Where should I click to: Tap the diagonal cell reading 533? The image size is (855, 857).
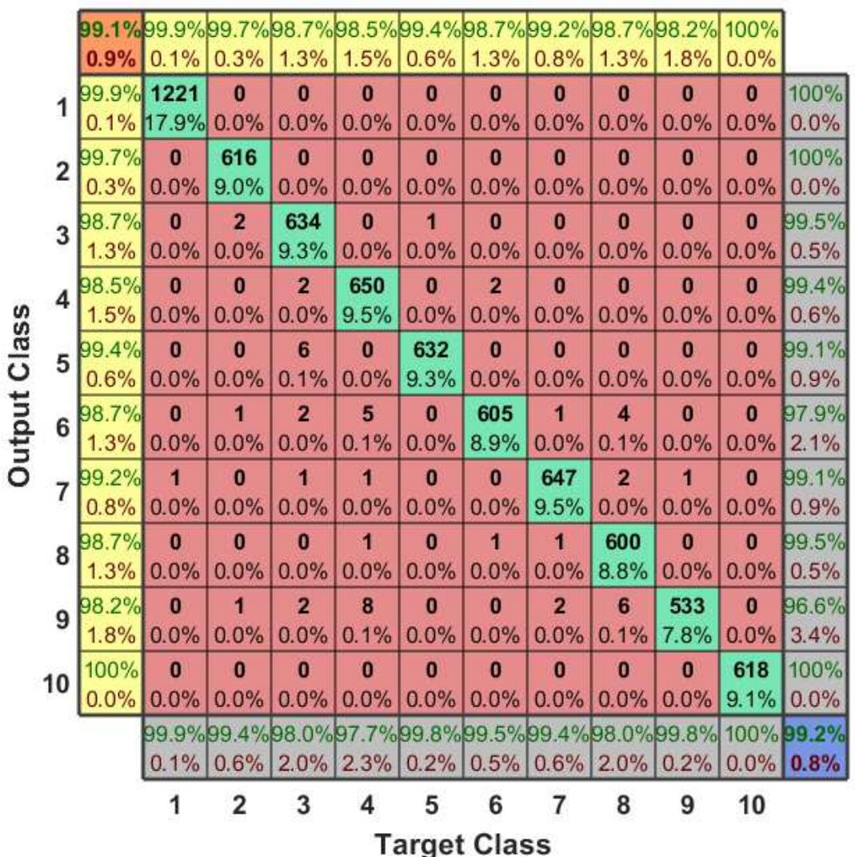[687, 619]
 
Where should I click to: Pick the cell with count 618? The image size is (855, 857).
[751, 683]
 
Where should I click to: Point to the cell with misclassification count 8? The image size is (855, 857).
[367, 619]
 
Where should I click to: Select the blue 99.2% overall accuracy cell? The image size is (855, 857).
[815, 747]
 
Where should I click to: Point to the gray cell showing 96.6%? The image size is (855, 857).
[815, 619]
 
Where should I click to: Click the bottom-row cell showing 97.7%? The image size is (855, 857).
[367, 747]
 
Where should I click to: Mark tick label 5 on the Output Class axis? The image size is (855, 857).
[61, 363]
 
